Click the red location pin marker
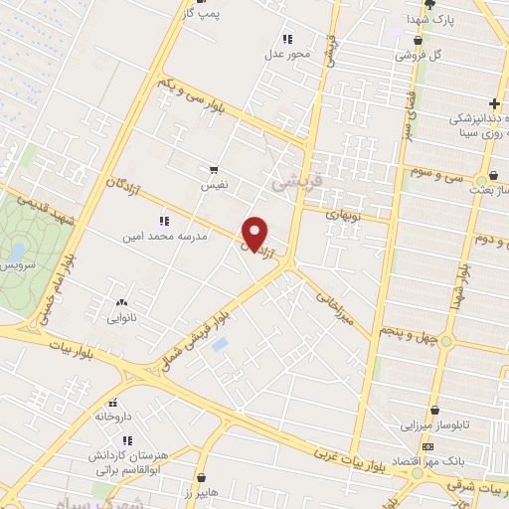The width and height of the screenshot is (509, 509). click(x=255, y=233)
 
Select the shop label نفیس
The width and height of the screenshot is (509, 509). click(x=215, y=186)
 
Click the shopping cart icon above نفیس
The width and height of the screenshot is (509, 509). click(x=214, y=171)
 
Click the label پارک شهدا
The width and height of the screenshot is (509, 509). click(x=428, y=20)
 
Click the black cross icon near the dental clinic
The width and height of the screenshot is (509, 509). click(x=494, y=103)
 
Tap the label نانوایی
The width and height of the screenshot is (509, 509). click(x=123, y=320)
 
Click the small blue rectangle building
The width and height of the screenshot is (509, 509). click(x=220, y=345)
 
